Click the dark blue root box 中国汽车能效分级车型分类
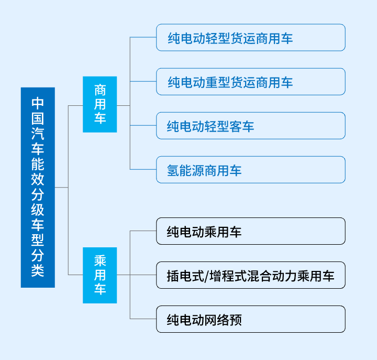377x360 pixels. [38, 187]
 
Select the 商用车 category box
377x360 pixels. [100, 104]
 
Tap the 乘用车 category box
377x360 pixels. [100, 275]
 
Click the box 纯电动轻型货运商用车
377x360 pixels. [251, 37]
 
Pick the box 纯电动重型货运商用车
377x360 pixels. [251, 82]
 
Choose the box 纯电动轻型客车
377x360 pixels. [251, 126]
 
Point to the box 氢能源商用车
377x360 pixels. [251, 170]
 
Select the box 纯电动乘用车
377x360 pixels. [251, 231]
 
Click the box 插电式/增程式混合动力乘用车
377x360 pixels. [251, 275]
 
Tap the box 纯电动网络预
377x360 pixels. [251, 319]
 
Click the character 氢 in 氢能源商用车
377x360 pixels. [173, 170]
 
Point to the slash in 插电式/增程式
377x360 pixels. [207, 276]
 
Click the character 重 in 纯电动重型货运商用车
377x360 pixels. [212, 82]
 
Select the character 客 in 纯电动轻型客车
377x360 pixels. [236, 127]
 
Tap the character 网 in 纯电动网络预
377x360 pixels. [210, 320]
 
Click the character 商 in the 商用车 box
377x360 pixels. [100, 90]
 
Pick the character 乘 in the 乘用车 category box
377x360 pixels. [100, 261]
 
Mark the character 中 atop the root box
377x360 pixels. [38, 103]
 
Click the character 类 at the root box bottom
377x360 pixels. [38, 270]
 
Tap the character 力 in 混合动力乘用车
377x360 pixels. [291, 276]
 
